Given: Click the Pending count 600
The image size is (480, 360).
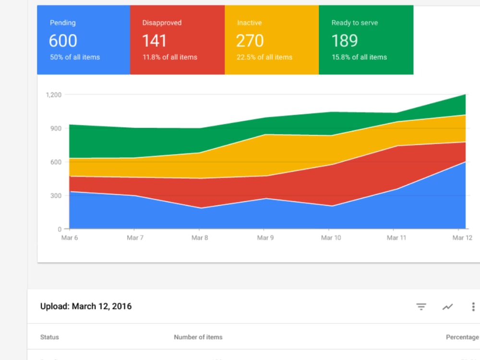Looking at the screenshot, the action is click(x=63, y=41).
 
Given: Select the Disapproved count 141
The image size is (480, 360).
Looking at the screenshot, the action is click(x=154, y=41).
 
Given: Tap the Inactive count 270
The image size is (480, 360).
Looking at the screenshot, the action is click(x=250, y=41).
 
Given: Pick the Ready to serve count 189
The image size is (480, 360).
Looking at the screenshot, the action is click(x=345, y=41).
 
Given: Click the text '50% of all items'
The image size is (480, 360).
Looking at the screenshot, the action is click(x=75, y=57).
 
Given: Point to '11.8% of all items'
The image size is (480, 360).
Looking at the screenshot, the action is click(x=170, y=57).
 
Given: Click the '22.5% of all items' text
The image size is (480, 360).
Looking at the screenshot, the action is click(x=264, y=57).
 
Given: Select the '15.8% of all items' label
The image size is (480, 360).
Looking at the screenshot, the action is click(x=360, y=57).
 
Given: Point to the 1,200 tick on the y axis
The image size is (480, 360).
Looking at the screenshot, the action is click(x=54, y=95).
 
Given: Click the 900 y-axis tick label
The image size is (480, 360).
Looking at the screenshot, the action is click(x=56, y=129).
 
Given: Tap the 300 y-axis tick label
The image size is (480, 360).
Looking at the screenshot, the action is click(x=56, y=196).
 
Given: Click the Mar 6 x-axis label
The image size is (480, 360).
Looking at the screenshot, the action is click(x=70, y=238).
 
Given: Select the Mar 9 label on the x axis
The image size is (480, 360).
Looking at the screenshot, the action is click(x=265, y=238).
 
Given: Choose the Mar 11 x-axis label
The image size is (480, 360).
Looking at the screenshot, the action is click(x=396, y=238).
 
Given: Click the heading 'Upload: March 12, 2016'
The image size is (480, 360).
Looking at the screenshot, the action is click(x=86, y=306).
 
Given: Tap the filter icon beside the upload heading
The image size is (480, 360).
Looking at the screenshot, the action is click(x=421, y=306).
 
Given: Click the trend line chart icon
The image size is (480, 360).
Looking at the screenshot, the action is click(x=447, y=306).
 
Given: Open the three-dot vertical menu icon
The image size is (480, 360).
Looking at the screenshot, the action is click(x=473, y=306).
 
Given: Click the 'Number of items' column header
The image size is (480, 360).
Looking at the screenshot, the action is click(x=198, y=337).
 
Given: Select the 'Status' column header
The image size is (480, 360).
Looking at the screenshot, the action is click(x=49, y=337).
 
